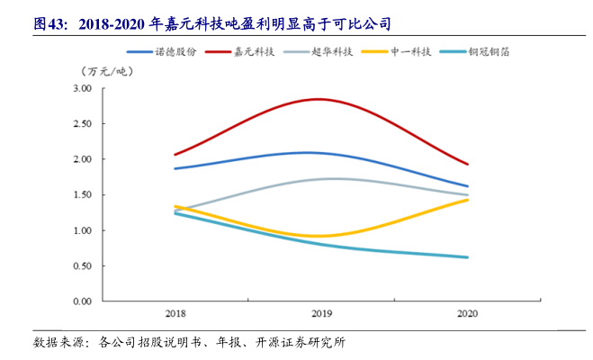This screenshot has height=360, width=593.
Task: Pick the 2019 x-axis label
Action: (x=321, y=315)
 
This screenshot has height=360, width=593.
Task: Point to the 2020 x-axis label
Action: (x=468, y=315)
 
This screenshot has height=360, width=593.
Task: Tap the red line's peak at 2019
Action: (x=319, y=99)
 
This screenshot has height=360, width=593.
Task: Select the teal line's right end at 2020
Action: (x=468, y=257)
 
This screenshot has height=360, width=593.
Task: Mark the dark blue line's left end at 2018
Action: (x=175, y=168)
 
